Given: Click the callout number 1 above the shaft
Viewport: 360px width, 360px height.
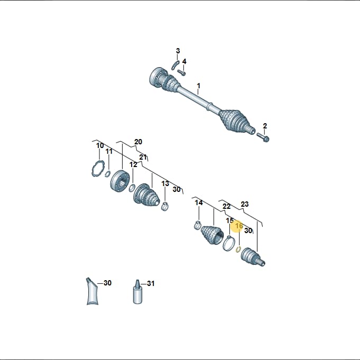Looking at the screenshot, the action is (199, 86).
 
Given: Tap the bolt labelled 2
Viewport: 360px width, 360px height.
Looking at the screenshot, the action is (263, 137).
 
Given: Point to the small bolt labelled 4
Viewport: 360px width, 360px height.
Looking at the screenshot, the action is (182, 73).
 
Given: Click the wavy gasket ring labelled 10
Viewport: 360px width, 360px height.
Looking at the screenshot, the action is (98, 169).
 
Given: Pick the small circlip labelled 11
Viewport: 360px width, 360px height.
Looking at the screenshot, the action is (107, 174).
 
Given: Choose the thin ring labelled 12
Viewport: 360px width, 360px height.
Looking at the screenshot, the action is (132, 188).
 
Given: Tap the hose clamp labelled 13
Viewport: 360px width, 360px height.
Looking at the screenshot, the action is (165, 206).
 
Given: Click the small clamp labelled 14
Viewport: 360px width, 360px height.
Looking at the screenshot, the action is (198, 225).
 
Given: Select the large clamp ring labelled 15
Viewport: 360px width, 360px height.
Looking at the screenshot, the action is (229, 243).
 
